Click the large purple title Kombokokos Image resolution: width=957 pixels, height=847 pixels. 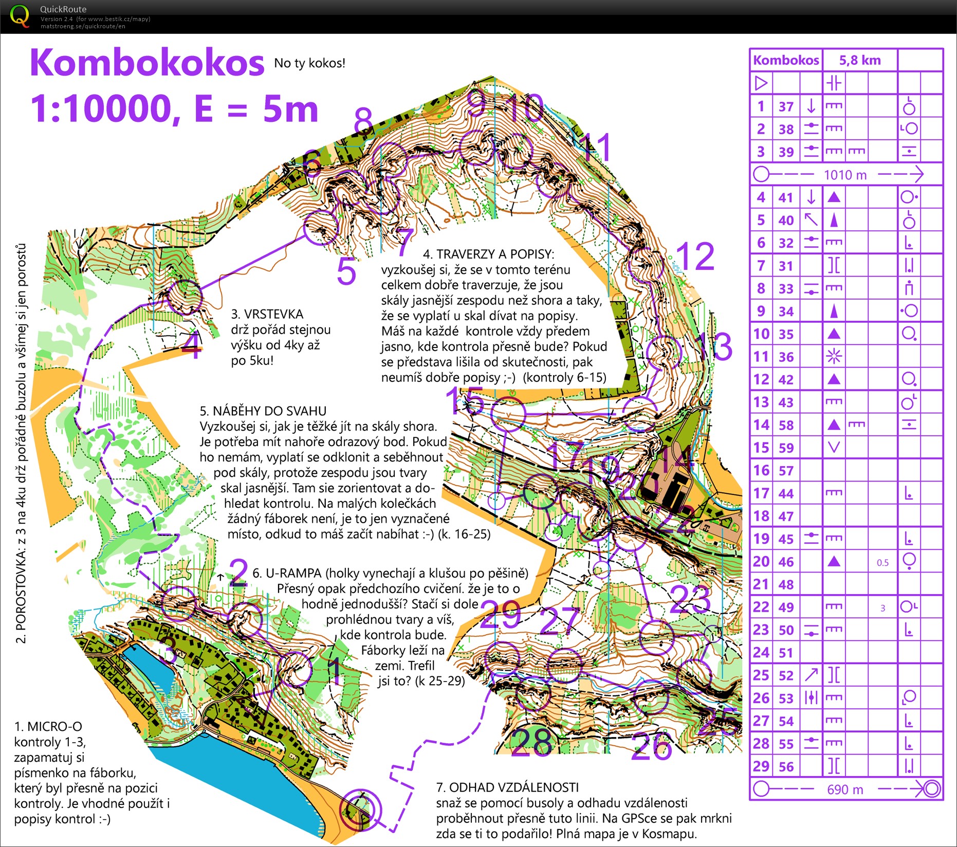pyautogui.click(x=147, y=63)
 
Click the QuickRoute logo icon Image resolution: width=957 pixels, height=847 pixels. pyautogui.click(x=20, y=15)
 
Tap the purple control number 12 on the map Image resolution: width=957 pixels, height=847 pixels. pyautogui.click(x=695, y=256)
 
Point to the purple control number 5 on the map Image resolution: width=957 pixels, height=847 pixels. pyautogui.click(x=346, y=271)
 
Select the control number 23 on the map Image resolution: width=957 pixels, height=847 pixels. pyautogui.click(x=690, y=600)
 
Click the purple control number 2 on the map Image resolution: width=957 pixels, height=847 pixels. pyautogui.click(x=238, y=573)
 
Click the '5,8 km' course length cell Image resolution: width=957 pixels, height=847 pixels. pyautogui.click(x=860, y=60)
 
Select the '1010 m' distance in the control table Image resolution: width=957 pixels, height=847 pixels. pyautogui.click(x=845, y=175)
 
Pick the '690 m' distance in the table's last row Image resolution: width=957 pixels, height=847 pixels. pyautogui.click(x=845, y=789)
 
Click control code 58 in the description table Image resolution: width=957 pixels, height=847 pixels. pyautogui.click(x=786, y=425)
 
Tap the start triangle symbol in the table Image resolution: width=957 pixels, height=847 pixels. pyautogui.click(x=761, y=83)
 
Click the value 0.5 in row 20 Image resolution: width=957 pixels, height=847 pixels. pyautogui.click(x=882, y=562)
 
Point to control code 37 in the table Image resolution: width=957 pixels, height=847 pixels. pyautogui.click(x=786, y=106)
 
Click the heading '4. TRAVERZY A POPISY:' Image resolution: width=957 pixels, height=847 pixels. pyautogui.click(x=488, y=254)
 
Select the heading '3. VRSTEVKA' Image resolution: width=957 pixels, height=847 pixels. pyautogui.click(x=267, y=314)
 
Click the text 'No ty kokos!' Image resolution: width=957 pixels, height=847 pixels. pyautogui.click(x=309, y=63)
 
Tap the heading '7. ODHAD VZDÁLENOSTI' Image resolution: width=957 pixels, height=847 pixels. pyautogui.click(x=507, y=787)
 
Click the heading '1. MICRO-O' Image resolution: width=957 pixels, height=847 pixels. pyautogui.click(x=48, y=726)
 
